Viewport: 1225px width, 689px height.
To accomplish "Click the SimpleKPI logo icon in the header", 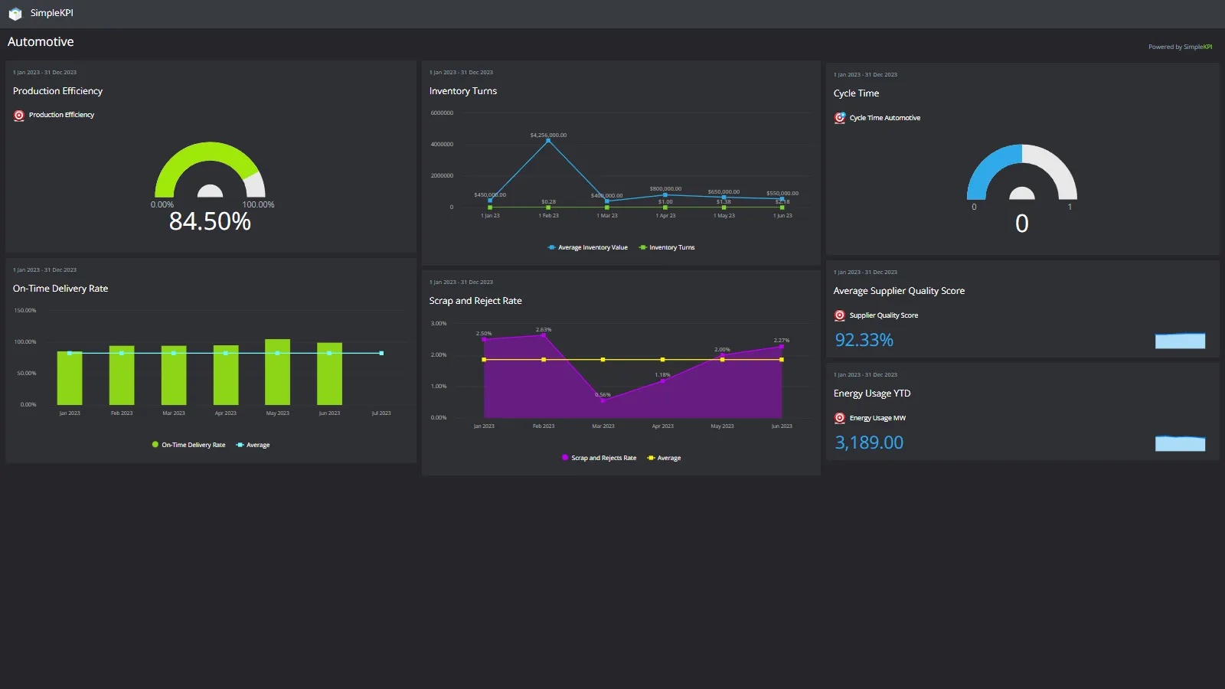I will click(x=15, y=14).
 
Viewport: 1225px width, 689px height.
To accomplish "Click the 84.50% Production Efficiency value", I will click(x=210, y=221).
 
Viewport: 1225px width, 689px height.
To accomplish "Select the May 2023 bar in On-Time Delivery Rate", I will click(x=277, y=372).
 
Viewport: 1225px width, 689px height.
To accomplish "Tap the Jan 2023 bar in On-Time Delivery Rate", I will click(x=70, y=377).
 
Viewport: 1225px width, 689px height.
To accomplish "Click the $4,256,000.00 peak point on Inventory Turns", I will click(x=548, y=141).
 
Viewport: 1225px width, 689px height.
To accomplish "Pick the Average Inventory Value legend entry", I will click(x=587, y=247).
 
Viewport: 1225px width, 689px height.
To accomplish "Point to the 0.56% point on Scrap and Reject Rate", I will click(x=603, y=400).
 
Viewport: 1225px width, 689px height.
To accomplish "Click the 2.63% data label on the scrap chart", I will click(x=544, y=330).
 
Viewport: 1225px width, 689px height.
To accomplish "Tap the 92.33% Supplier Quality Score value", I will click(x=864, y=340).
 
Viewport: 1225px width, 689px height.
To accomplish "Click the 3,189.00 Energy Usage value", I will click(x=869, y=442).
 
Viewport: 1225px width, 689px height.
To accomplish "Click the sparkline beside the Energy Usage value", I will click(x=1180, y=443).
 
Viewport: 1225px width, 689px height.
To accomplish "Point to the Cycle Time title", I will click(x=856, y=93).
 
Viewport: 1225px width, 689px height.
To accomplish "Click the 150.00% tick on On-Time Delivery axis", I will click(x=25, y=311).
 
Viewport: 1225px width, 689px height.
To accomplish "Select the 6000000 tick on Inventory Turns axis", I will click(x=442, y=113).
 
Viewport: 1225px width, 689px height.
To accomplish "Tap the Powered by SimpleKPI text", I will click(x=1180, y=47).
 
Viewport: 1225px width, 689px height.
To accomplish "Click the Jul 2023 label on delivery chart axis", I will click(x=381, y=413).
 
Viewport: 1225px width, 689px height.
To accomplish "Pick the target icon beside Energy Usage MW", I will click(x=840, y=418).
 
